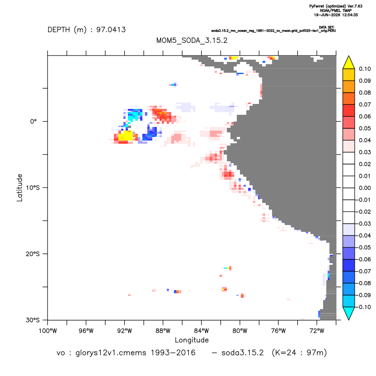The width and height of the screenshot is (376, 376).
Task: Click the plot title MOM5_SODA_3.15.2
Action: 192,40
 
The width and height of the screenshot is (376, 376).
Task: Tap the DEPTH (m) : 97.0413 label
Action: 87,30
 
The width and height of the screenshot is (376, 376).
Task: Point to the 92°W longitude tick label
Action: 124,331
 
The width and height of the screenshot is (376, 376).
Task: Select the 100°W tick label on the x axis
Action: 48,331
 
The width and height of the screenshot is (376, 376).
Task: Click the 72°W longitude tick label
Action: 317,331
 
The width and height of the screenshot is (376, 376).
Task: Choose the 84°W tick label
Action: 202,331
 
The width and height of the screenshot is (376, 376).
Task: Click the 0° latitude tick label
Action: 33,122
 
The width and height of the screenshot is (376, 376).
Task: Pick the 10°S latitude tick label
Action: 33,188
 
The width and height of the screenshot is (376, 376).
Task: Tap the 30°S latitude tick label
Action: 33,320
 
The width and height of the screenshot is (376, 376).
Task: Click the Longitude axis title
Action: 192,340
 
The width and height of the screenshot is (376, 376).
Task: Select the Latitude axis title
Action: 19,188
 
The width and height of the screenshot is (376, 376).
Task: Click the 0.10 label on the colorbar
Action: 365,69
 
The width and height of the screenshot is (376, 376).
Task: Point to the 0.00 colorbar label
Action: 365,188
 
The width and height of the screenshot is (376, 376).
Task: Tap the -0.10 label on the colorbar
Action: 364,307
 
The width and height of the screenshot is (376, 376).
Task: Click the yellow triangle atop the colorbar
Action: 349,63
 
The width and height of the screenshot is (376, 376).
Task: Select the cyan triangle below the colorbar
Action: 349,313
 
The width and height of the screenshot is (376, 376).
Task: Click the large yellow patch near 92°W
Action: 126,136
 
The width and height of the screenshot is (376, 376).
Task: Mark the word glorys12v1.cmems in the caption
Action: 111,353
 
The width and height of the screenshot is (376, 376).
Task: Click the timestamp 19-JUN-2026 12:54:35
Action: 336,15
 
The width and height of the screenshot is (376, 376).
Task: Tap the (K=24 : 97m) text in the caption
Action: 299,353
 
